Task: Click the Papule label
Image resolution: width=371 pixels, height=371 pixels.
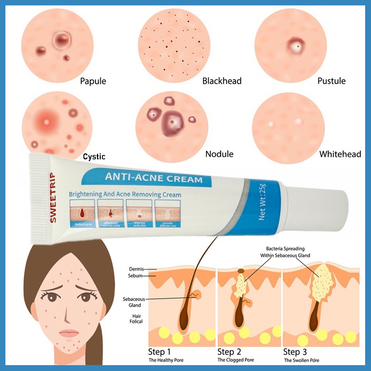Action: click(93, 81)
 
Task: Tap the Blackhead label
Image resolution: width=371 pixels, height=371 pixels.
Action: click(222, 81)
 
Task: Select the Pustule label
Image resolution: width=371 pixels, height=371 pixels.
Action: click(331, 81)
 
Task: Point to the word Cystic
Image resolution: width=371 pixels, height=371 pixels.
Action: click(94, 156)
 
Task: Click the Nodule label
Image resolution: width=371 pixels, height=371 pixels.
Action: click(219, 154)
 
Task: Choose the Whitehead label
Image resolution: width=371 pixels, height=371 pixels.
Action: click(340, 154)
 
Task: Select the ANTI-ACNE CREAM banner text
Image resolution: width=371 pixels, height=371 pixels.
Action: click(153, 179)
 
